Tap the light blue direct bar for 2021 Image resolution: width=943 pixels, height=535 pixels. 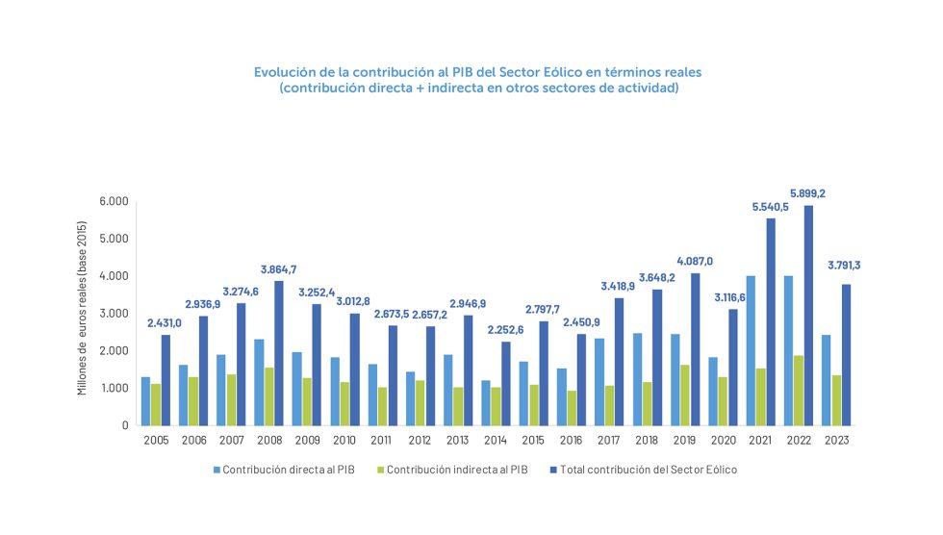pyautogui.click(x=751, y=350)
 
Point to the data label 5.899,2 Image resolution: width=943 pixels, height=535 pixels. pyautogui.click(x=807, y=192)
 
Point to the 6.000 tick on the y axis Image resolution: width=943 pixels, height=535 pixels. pyautogui.click(x=113, y=201)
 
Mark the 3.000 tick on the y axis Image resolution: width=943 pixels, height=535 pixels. pyautogui.click(x=113, y=314)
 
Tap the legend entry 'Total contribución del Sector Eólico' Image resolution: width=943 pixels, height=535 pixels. pyautogui.click(x=643, y=470)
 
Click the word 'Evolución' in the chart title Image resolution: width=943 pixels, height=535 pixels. pyautogui.click(x=284, y=72)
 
